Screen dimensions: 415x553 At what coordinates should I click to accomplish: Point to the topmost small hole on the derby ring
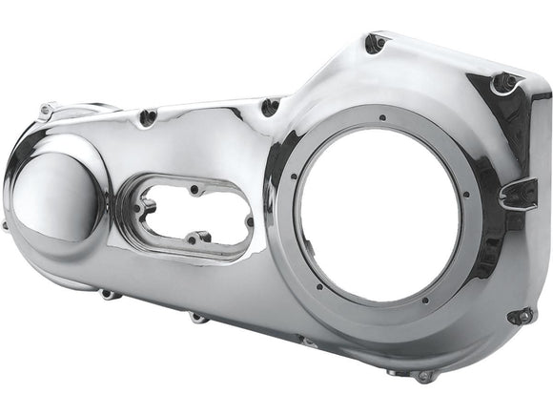pos(380,118)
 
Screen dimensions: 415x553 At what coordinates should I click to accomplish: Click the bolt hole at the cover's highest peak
pos(375,43)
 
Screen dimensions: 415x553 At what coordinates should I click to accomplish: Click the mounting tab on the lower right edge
pos(520,316)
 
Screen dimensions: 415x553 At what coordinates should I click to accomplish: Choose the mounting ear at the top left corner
pos(45,111)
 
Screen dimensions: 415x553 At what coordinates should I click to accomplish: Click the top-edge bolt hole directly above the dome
pos(147,117)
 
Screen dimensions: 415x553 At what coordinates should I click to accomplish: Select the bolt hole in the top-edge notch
pos(270,107)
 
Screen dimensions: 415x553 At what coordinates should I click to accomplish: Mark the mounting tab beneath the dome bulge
pos(111,294)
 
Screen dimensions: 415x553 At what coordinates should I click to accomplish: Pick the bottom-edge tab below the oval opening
pos(197,316)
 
